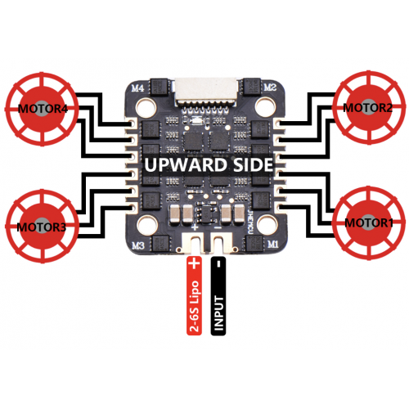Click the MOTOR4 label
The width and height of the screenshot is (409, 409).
(x=43, y=109)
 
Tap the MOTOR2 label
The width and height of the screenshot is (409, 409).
(x=368, y=108)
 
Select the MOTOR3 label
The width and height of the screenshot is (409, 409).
(x=41, y=227)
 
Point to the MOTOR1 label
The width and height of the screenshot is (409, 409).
(x=369, y=222)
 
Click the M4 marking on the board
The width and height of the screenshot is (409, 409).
(x=137, y=88)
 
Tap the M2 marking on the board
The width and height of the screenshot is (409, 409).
(x=270, y=88)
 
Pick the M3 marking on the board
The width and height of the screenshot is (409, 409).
(x=138, y=246)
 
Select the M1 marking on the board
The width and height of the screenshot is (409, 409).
(x=272, y=245)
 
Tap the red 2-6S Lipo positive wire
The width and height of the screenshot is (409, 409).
(x=194, y=296)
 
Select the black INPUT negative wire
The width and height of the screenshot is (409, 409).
(x=218, y=296)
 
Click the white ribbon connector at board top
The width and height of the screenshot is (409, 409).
(x=206, y=92)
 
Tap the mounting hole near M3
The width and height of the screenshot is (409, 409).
(x=146, y=224)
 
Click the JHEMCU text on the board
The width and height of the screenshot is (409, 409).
(x=250, y=222)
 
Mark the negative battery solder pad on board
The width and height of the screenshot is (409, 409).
(x=222, y=241)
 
